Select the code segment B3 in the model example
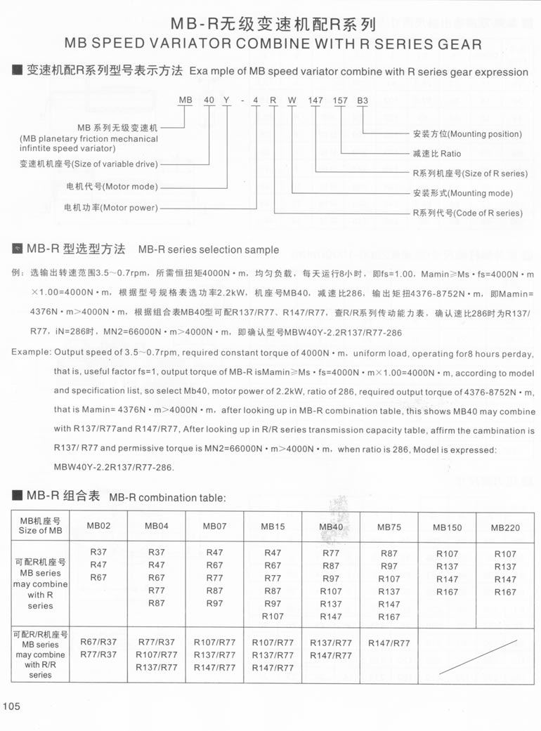point(363,100)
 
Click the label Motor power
point(111,208)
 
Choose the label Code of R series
point(467,213)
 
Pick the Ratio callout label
point(436,153)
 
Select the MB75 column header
point(389,527)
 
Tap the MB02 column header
point(99,526)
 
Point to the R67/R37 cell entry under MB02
point(99,642)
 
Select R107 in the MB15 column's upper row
point(273,617)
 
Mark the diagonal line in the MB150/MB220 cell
point(478,657)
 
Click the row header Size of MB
point(40,526)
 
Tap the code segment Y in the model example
point(226,100)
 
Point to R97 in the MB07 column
point(214,603)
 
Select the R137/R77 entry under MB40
point(331,643)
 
